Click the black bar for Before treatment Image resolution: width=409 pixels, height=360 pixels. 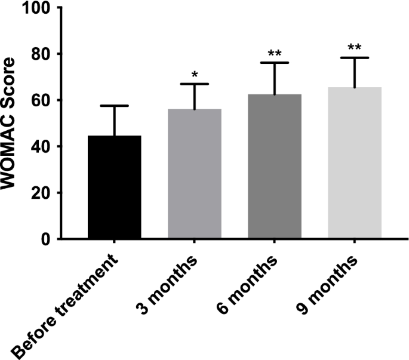[115, 187]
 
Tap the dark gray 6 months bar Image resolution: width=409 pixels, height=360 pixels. [275, 167]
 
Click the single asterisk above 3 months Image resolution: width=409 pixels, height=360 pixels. [195, 75]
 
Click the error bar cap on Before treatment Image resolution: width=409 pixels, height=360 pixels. [115, 106]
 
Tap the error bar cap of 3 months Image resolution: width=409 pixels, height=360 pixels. [195, 84]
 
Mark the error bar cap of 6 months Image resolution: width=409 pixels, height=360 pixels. [275, 63]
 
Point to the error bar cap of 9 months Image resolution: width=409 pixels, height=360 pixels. [355, 58]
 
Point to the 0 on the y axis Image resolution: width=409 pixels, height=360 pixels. [45, 239]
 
